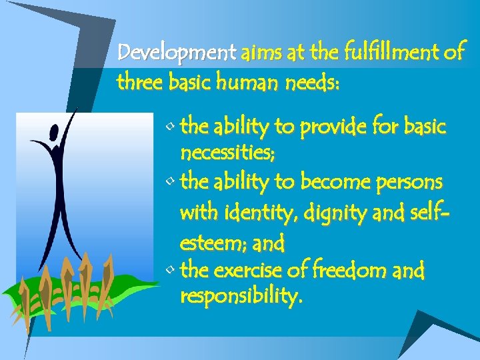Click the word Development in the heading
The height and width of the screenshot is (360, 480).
click(x=176, y=52)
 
